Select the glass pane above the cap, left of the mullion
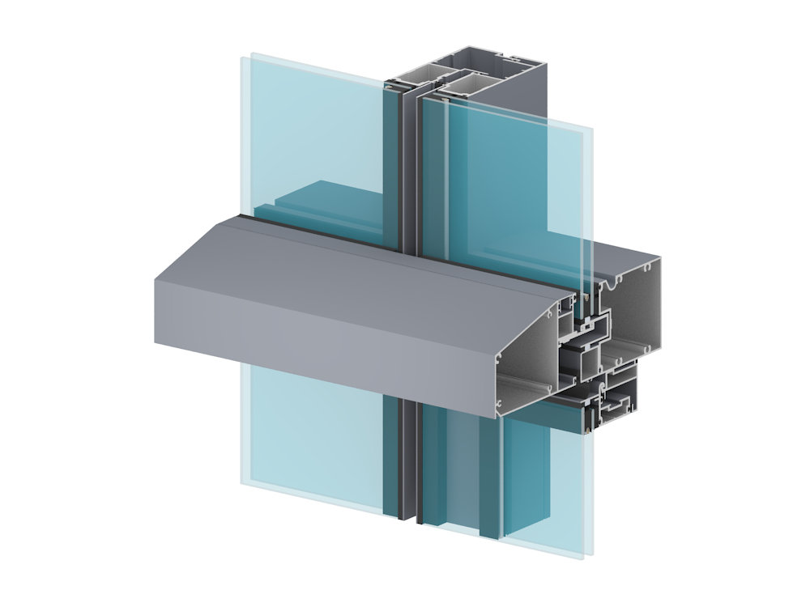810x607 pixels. pyautogui.click(x=316, y=129)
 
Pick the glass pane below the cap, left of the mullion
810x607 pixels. pyautogui.click(x=316, y=437)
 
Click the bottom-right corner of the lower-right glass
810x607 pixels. pyautogui.click(x=581, y=556)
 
